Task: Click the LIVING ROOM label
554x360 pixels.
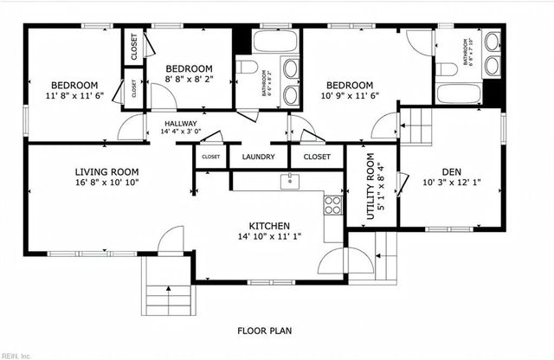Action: coord(106,171)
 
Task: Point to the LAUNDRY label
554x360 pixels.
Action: coord(259,157)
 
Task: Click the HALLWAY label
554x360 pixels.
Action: coord(181,124)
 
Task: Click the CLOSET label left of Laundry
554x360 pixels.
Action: coord(210,157)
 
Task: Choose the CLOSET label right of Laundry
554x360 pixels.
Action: coord(318,157)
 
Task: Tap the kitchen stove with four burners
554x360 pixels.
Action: coord(332,205)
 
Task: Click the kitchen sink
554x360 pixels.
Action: coord(288,181)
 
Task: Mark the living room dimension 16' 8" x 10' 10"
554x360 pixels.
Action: coord(106,183)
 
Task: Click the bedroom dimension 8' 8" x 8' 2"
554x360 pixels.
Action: coord(189,80)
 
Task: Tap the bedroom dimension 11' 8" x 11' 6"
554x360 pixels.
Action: coord(74,96)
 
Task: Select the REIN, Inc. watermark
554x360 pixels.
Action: coord(15,355)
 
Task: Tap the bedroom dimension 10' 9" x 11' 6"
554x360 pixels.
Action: coord(350,96)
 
